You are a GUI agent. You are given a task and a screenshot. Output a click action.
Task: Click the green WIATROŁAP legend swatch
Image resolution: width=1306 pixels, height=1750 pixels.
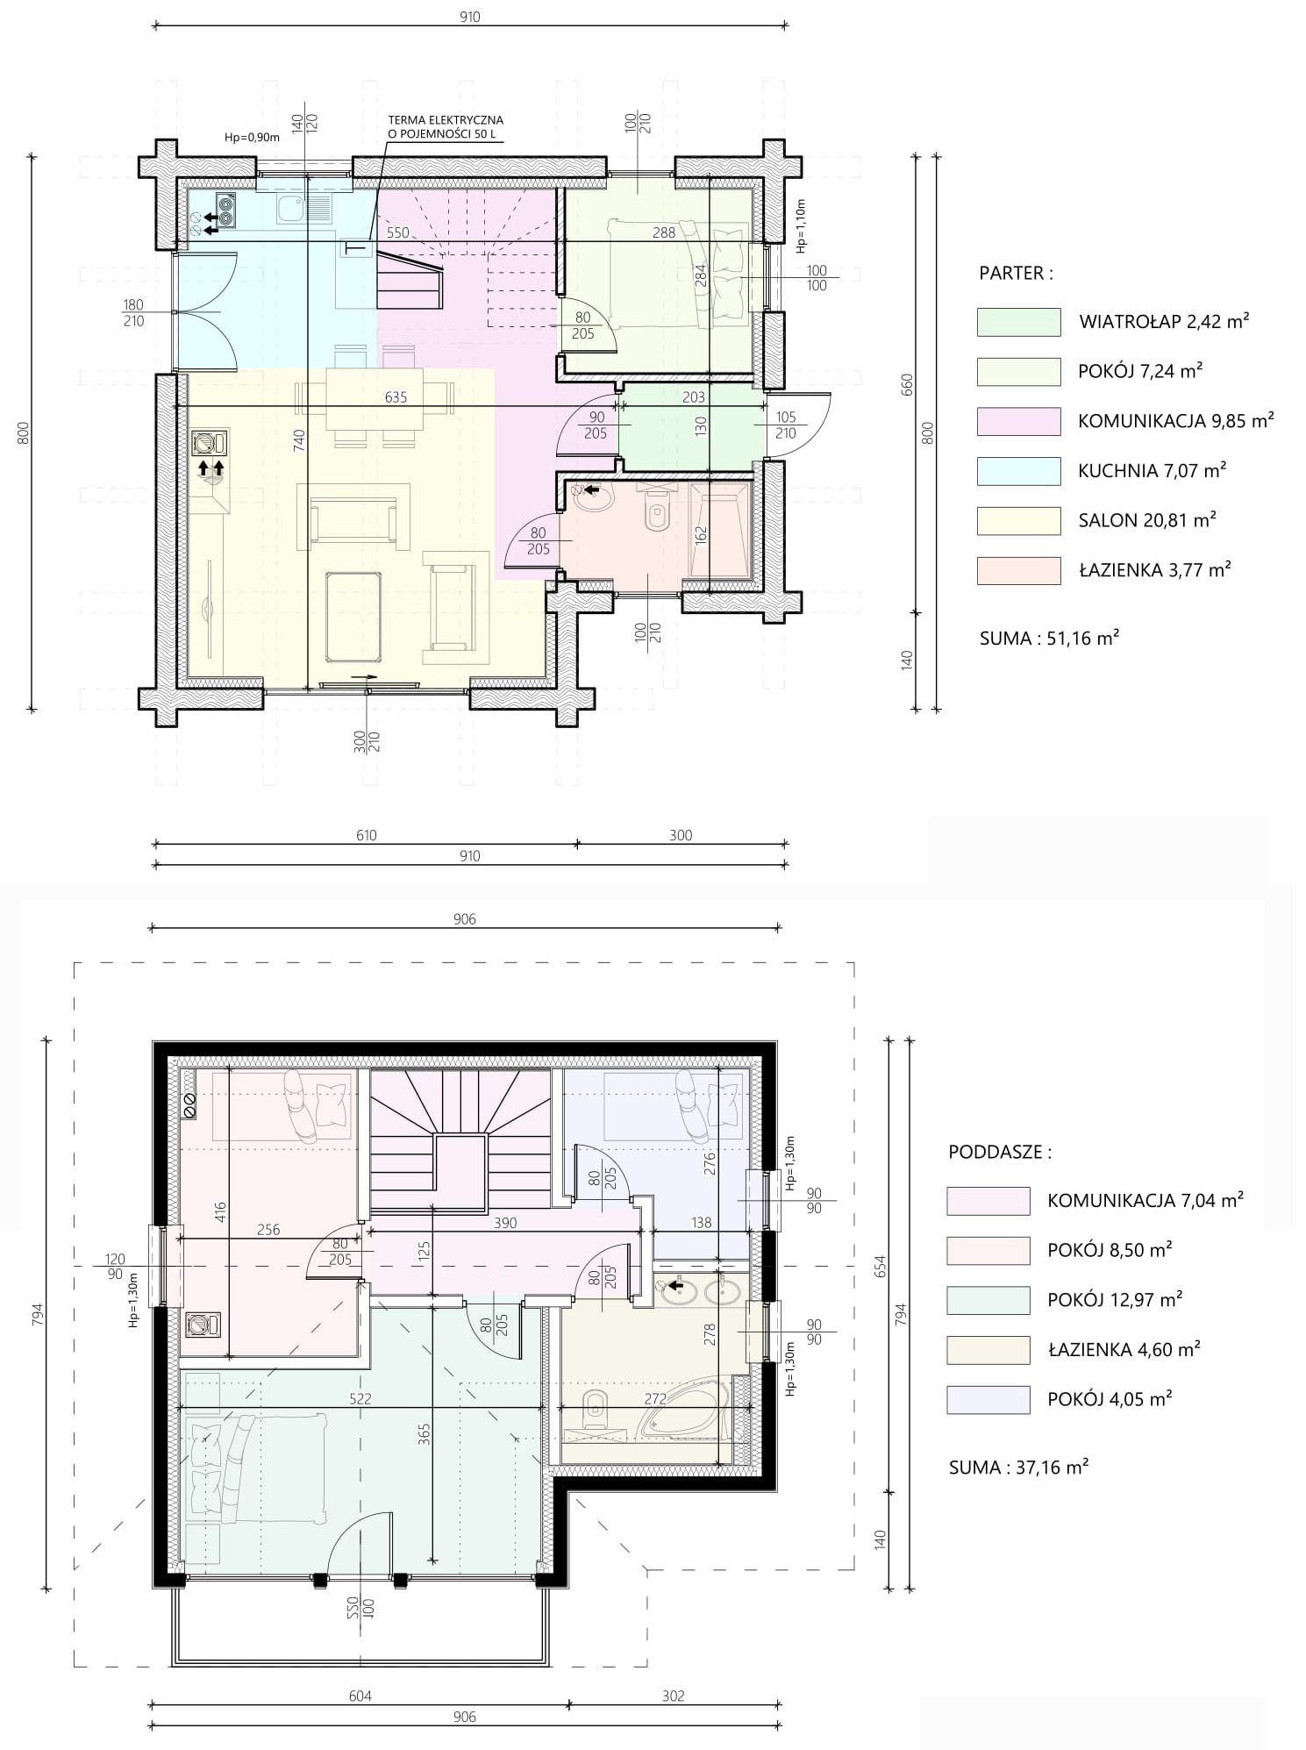1018,322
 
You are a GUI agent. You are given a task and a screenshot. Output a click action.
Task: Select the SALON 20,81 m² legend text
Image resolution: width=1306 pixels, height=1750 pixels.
1147,520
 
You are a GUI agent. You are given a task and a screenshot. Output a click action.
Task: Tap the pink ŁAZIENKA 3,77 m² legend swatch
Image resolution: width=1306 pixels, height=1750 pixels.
1018,570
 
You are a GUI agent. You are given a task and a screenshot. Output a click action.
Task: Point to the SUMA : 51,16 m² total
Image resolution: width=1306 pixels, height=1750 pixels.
1049,638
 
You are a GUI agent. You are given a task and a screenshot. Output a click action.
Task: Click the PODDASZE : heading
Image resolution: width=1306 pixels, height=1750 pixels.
1000,1152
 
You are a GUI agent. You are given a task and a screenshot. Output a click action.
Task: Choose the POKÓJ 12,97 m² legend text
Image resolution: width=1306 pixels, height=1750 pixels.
1115,1299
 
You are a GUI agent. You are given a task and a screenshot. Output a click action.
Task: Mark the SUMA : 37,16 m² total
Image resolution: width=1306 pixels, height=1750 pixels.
1018,1467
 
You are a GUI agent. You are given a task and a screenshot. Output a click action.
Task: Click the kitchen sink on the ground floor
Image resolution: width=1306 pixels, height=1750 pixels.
303,208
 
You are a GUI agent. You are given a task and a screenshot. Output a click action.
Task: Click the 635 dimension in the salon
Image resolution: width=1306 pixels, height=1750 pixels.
396,397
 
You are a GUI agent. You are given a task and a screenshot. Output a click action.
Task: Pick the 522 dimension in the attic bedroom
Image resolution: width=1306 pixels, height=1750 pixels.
360,1398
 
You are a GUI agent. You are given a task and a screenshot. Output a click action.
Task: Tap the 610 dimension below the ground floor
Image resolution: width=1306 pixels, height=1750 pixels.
366,835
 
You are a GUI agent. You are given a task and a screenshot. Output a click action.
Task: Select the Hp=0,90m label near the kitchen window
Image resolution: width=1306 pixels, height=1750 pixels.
252,137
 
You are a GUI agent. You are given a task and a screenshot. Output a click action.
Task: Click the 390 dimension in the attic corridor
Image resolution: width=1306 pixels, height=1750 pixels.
505,1223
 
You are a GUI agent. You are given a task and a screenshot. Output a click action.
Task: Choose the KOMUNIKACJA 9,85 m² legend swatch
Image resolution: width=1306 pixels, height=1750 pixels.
1018,421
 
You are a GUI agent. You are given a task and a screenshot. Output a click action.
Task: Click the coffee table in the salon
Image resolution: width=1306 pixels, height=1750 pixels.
353,616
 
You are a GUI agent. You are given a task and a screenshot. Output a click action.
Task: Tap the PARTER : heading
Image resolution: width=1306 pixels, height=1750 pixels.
1016,273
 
